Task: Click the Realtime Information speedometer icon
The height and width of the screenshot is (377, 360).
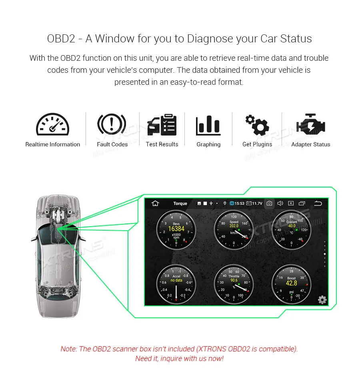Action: coord(53,125)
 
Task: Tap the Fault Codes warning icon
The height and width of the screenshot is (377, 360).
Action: coord(112,125)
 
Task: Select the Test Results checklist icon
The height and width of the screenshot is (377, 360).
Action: coord(162,125)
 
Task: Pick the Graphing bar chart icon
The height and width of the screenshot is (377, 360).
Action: coord(208,125)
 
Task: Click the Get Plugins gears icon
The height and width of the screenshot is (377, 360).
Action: coord(257,125)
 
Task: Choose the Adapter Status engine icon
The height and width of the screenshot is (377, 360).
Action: coord(310,125)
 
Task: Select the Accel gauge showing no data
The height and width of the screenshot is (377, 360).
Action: coord(176,284)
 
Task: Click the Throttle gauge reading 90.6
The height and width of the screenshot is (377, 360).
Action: coord(234,284)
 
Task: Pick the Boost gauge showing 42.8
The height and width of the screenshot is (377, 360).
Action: coord(292,284)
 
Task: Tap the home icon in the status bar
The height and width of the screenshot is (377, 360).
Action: coord(155,203)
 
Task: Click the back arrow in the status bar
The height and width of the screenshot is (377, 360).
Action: coord(318,203)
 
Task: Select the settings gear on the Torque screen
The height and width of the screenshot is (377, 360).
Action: coord(322,300)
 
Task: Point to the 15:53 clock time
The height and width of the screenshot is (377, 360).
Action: coord(239,203)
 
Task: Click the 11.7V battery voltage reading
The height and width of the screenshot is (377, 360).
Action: coord(257,203)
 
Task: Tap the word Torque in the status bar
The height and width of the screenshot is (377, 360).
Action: coord(180,203)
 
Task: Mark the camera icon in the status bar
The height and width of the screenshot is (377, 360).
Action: coord(270,203)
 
